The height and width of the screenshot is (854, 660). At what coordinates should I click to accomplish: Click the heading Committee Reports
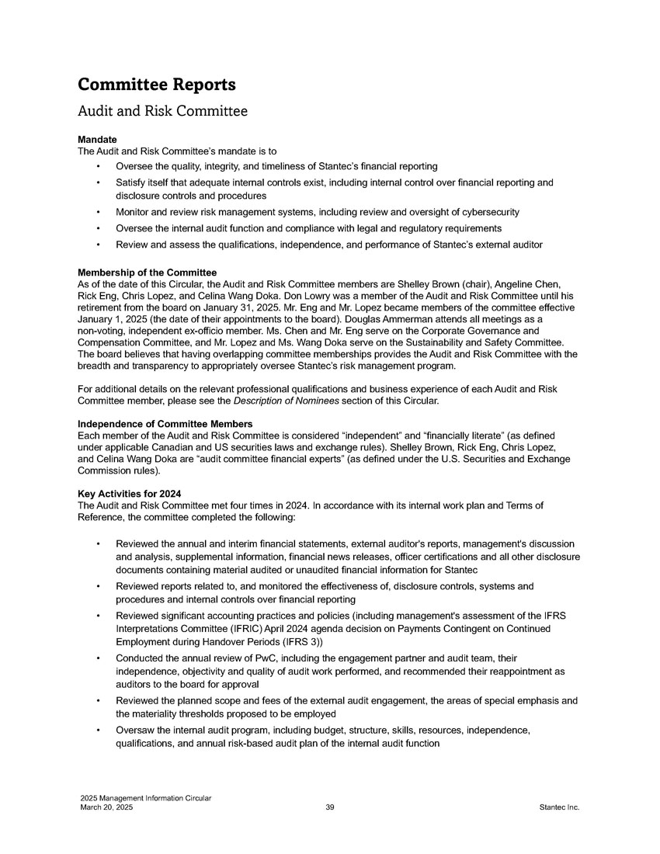coord(157,84)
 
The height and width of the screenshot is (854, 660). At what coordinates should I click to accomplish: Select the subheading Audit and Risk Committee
coord(162,112)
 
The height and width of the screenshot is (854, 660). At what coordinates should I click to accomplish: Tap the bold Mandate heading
coord(98,140)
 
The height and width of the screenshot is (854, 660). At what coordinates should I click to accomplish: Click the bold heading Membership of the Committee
coord(148,273)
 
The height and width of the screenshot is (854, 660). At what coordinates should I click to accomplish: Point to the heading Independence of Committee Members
coord(165,424)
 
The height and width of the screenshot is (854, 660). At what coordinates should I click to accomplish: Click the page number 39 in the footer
coord(330,808)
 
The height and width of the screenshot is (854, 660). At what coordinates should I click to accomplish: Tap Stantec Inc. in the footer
coord(559,808)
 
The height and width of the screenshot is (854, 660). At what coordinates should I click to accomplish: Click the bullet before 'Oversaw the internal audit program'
coord(98,731)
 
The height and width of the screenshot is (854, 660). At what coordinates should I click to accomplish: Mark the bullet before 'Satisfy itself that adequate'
coord(98,183)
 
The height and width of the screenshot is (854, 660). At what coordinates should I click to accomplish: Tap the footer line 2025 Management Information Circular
coord(145,799)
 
